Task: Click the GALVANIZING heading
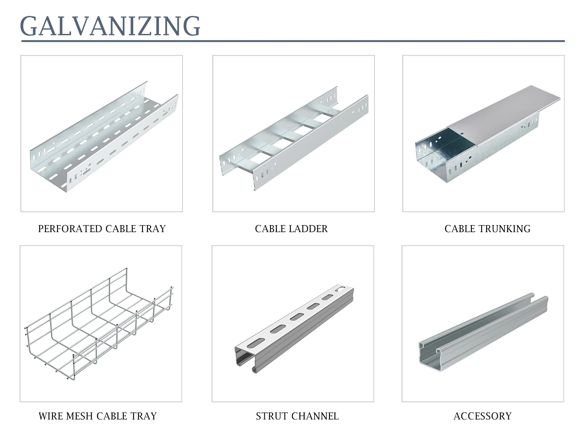(x=110, y=26)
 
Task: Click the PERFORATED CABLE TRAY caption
(x=102, y=229)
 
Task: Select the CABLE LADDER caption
(x=291, y=229)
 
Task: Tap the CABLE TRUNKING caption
(x=487, y=229)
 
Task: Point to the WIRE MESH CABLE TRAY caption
(x=97, y=416)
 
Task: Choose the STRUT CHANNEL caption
(x=297, y=416)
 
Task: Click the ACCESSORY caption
(x=482, y=416)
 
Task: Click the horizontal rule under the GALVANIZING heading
(x=292, y=41)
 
